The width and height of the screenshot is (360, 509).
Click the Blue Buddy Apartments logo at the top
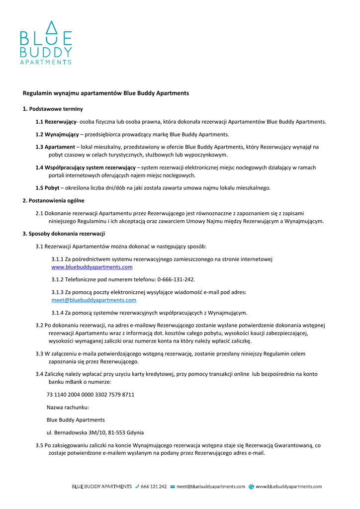[46, 43]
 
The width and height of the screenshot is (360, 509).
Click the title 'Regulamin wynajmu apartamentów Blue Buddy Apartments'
[106, 93]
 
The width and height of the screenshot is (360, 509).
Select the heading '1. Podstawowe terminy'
[53, 109]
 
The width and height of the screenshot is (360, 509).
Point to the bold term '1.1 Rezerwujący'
[56, 122]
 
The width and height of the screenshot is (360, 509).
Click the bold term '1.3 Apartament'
[55, 147]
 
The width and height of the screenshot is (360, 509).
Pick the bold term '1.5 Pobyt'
[47, 188]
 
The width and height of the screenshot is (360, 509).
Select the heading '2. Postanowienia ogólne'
[53, 200]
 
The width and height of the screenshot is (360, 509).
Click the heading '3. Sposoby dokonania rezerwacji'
[64, 234]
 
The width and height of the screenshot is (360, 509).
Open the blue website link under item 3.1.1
[92, 267]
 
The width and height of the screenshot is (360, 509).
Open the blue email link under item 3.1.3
[94, 300]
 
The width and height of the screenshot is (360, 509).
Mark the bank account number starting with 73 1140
[90, 395]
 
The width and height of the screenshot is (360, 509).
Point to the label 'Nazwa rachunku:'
[68, 407]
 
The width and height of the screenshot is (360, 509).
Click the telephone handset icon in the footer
[137, 487]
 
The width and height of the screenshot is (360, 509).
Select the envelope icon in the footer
[173, 487]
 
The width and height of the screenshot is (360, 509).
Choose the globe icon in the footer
[252, 487]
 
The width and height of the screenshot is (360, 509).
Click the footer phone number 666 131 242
[154, 487]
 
